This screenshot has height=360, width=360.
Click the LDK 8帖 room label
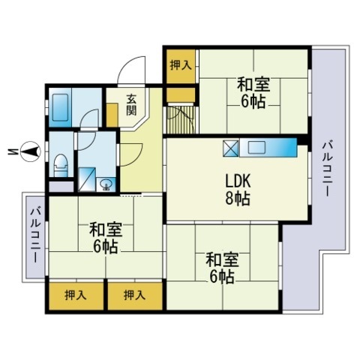(x=238, y=190)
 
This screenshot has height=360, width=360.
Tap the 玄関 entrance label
(x=131, y=105)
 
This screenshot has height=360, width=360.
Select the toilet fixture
(x=61, y=166)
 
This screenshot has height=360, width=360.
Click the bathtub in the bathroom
(x=59, y=107)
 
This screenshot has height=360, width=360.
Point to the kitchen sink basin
(x=256, y=148)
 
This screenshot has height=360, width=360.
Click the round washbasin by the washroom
(x=106, y=184)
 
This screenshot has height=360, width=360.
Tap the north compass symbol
(x=30, y=151)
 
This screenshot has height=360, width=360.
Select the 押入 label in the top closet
(x=181, y=65)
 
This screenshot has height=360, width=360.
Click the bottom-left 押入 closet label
(x=76, y=295)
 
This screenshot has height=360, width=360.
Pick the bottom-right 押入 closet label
(x=134, y=295)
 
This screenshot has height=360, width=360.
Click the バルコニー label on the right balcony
(x=328, y=169)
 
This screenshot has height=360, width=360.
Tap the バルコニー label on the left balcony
(x=35, y=234)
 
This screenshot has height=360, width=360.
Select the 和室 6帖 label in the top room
(x=253, y=93)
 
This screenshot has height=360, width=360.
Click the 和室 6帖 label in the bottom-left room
(x=106, y=238)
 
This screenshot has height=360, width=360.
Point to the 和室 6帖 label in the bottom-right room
(x=222, y=268)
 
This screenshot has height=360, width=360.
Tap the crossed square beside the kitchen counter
(x=230, y=148)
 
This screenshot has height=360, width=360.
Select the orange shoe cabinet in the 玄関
(x=112, y=115)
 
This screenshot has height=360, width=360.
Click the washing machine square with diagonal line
(x=87, y=180)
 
